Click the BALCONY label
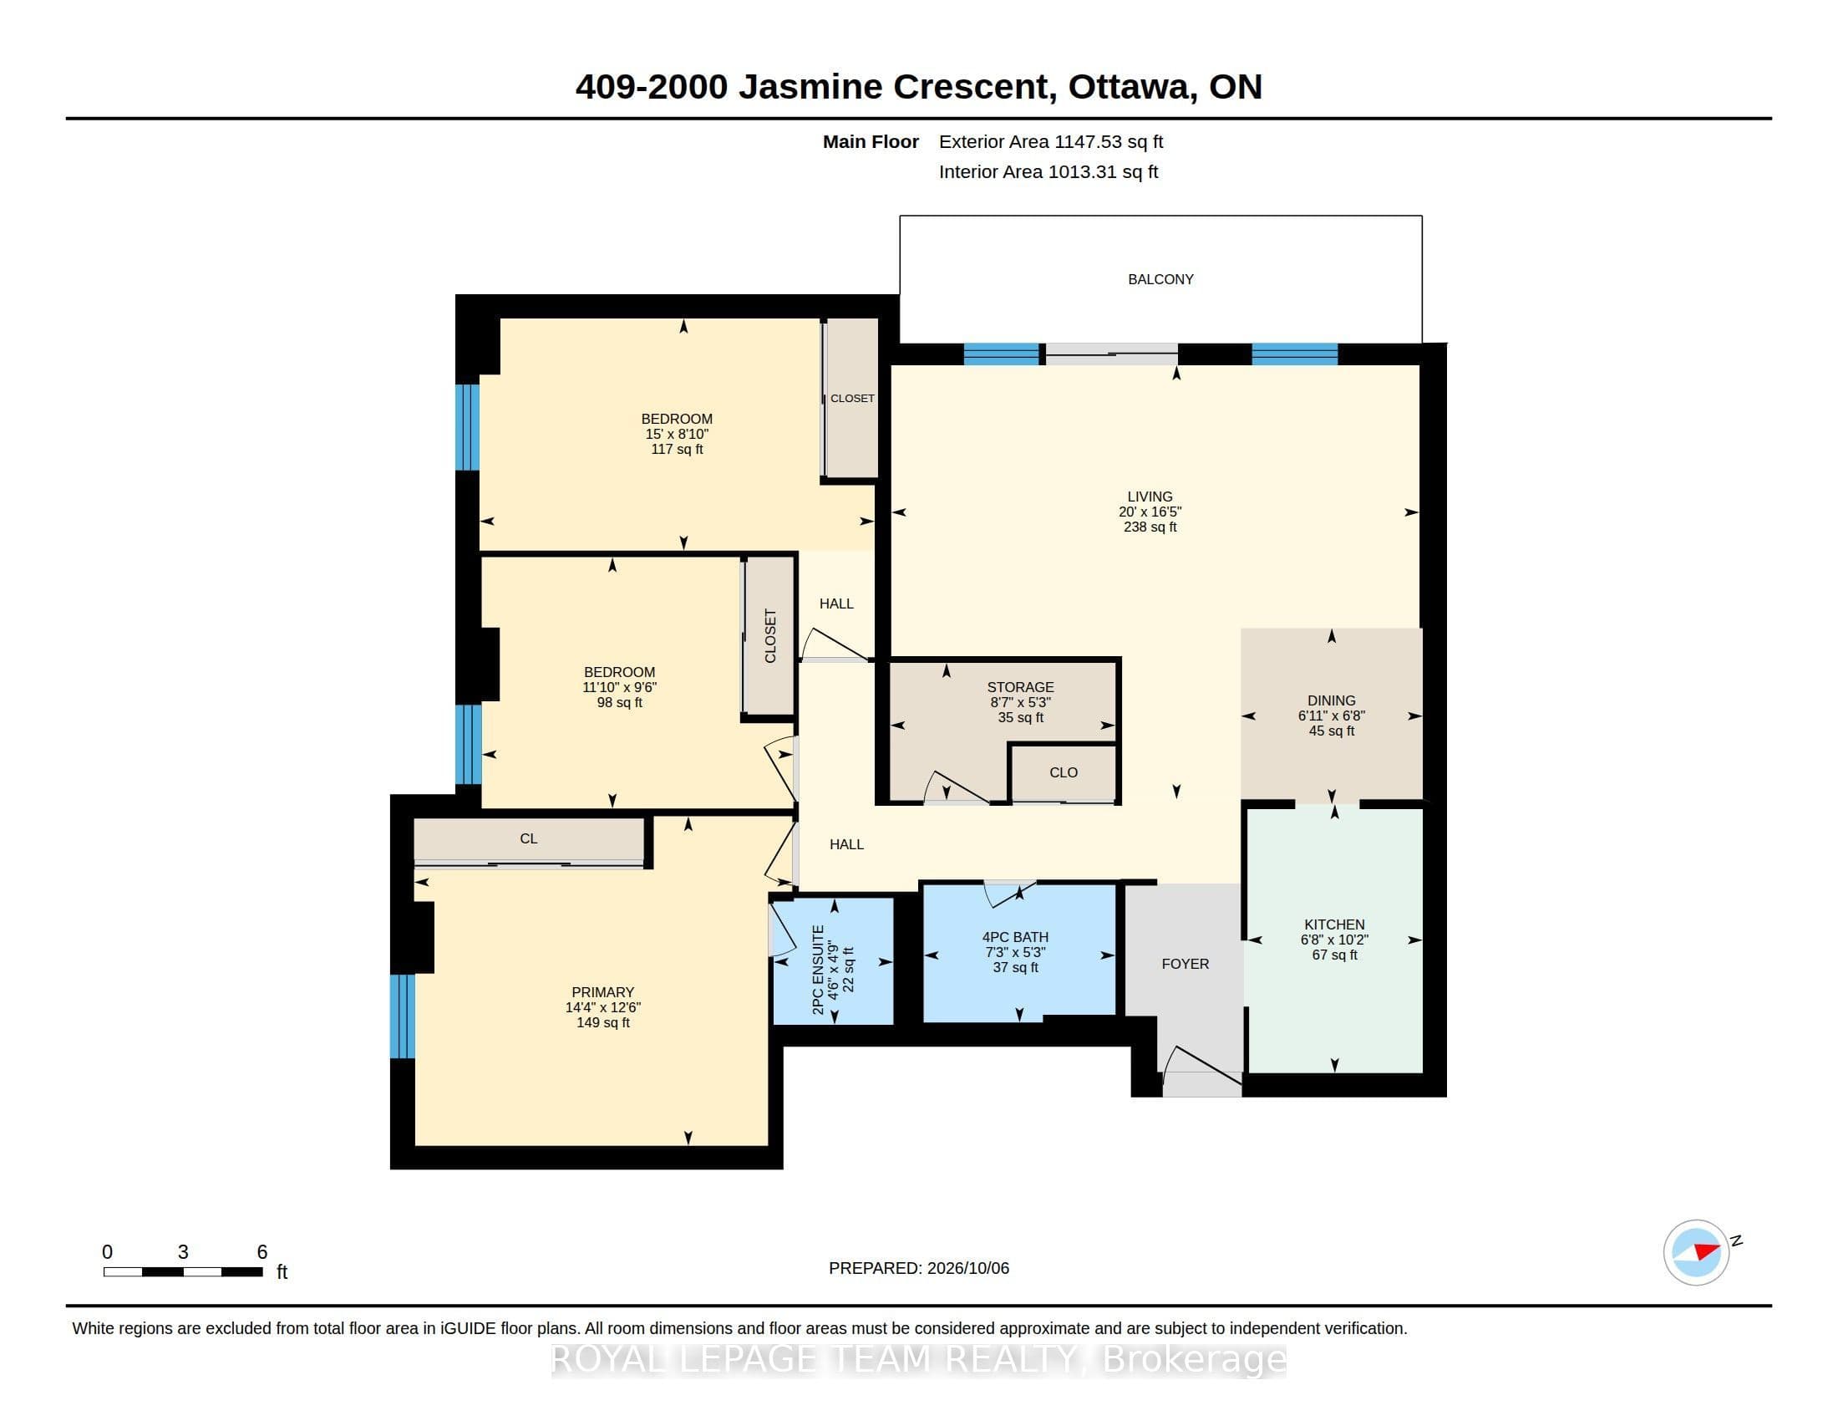pyautogui.click(x=1160, y=279)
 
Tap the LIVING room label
pyautogui.click(x=1150, y=497)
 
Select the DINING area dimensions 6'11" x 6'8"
pyautogui.click(x=1332, y=716)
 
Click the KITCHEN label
pyautogui.click(x=1335, y=924)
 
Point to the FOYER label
pyautogui.click(x=1185, y=964)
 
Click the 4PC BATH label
pyautogui.click(x=1015, y=937)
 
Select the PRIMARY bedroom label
pyautogui.click(x=602, y=992)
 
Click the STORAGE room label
pyautogui.click(x=1020, y=687)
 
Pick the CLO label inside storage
pyautogui.click(x=1064, y=772)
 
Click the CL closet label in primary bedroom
pyautogui.click(x=529, y=838)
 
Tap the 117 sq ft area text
pyautogui.click(x=677, y=450)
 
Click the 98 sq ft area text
pyautogui.click(x=619, y=703)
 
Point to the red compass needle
pyautogui.click(x=1707, y=1251)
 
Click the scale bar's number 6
pyautogui.click(x=261, y=1252)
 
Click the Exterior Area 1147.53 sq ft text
pyautogui.click(x=1051, y=142)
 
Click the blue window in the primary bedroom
pyautogui.click(x=404, y=1016)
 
